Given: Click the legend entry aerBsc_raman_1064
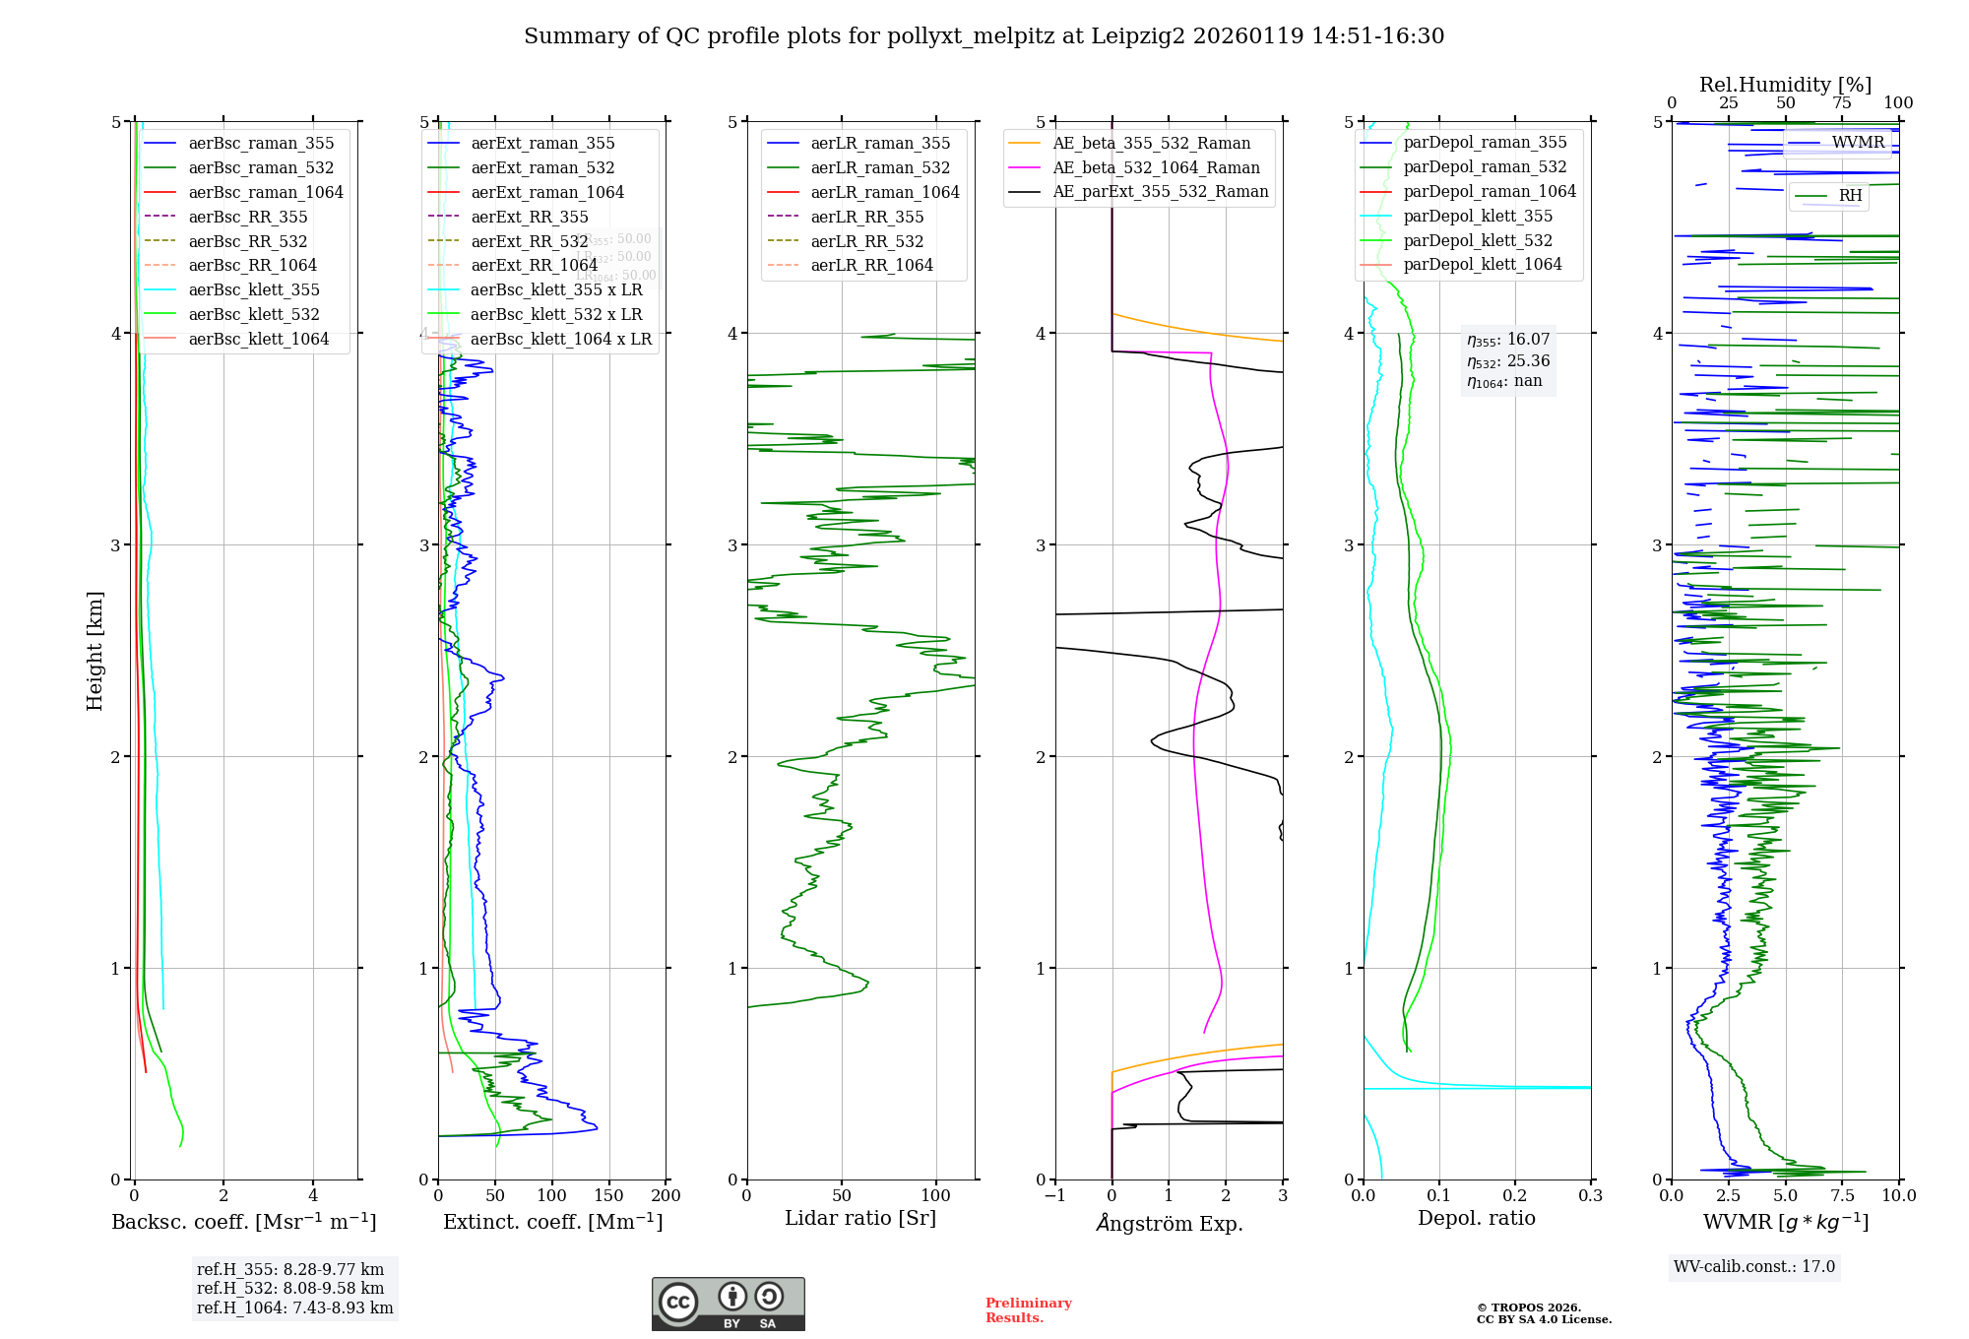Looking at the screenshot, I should [x=266, y=193].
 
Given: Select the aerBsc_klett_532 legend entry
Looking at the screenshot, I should [x=254, y=315].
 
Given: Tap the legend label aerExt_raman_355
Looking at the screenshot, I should [x=542, y=144].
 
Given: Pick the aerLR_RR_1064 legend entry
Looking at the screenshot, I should [x=871, y=266].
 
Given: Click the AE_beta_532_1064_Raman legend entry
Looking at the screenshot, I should [x=1156, y=168].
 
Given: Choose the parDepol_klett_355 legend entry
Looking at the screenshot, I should [x=1478, y=217].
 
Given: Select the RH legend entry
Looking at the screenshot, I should [x=1850, y=196].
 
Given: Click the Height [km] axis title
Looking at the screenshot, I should [x=95, y=651].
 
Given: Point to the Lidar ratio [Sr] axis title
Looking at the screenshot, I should [x=860, y=1219].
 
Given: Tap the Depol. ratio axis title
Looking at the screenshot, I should [x=1476, y=1219].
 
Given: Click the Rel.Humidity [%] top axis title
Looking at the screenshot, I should [x=1785, y=85].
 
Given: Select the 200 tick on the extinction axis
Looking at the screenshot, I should [x=666, y=1196].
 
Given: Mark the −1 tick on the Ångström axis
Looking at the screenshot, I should [x=1054, y=1196].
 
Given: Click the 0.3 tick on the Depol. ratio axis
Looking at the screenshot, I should [x=1590, y=1196].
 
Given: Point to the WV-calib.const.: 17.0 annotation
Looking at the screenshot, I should [x=1754, y=1267].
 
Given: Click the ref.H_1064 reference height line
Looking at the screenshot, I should [x=294, y=1308].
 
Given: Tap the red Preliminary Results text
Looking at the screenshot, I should [x=1028, y=1310].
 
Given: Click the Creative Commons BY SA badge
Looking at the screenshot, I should [x=728, y=1305].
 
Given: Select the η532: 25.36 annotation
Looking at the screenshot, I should [x=1508, y=361].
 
